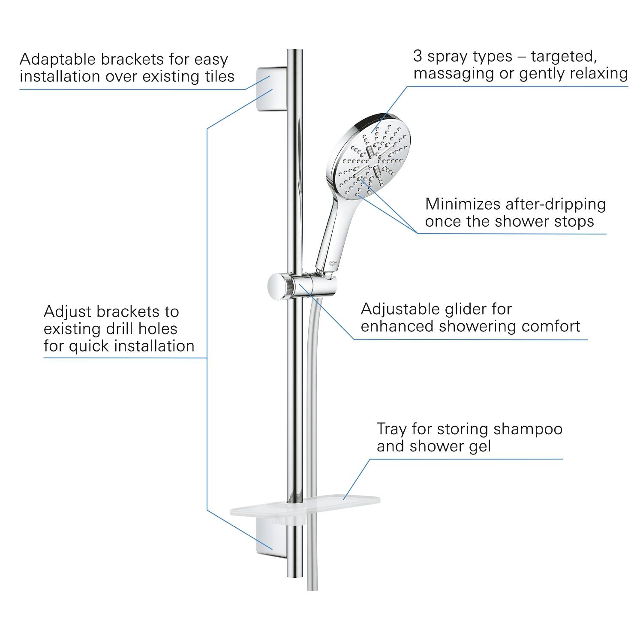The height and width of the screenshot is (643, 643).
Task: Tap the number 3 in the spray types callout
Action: pyautogui.click(x=418, y=56)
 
